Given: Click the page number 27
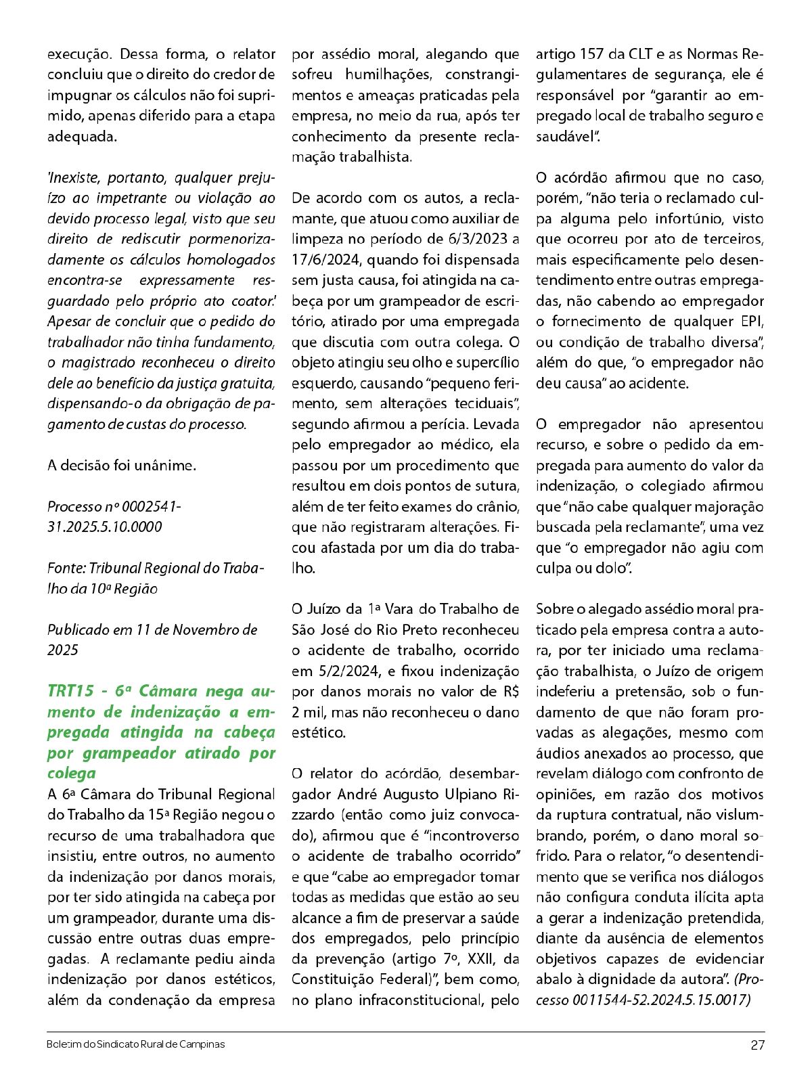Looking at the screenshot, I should tap(757, 1044).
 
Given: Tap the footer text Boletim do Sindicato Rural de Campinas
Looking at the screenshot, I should tap(135, 1044).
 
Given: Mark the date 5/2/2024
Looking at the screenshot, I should tap(342, 671).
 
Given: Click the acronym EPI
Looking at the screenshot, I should tap(752, 321).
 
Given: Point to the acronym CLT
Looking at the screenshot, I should tap(643, 54).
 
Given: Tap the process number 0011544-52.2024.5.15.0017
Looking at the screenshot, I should tap(662, 1000).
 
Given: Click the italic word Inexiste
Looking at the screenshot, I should tap(70, 178).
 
